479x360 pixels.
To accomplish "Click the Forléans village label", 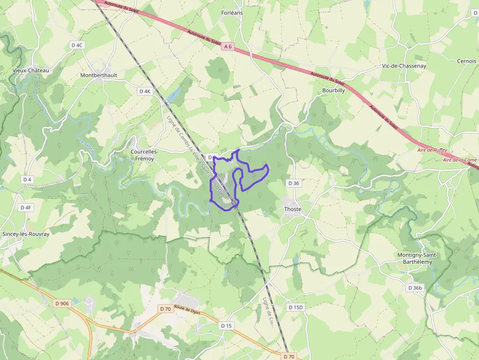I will tap(232, 12).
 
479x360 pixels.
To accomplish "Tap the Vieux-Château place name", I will tap(31, 70).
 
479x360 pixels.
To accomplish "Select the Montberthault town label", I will tap(99, 75).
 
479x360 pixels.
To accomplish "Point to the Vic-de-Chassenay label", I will tap(404, 65).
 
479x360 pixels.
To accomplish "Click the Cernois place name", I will tap(466, 61).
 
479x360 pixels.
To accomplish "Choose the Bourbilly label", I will tap(333, 90).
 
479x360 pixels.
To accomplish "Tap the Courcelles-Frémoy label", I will tap(145, 155).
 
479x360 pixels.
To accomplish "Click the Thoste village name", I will tap(293, 209).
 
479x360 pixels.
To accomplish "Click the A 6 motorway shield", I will tap(228, 47).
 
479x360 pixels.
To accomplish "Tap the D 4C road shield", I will tap(77, 45).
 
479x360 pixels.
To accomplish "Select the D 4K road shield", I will tap(145, 91).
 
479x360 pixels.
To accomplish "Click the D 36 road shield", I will tap(293, 183).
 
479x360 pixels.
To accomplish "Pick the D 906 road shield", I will tap(62, 303).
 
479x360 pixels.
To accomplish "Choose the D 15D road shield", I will tap(296, 307).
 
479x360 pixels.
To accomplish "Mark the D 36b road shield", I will tap(414, 288).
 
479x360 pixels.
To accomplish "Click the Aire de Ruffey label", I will tap(432, 151).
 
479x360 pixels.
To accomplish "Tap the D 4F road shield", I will tap(25, 208).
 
